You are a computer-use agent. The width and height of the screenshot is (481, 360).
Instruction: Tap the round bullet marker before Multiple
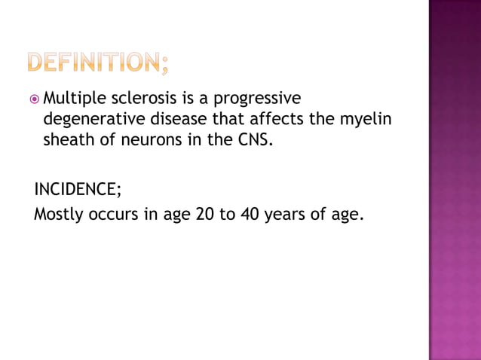tap(35, 98)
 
